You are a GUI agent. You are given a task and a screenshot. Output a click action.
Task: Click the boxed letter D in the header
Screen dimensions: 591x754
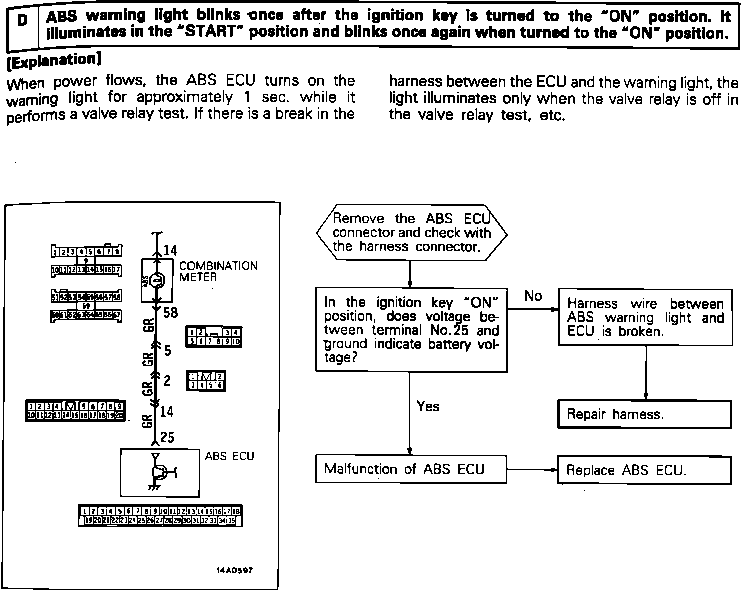pos(22,22)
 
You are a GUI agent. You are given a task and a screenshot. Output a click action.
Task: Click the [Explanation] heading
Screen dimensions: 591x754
pos(53,60)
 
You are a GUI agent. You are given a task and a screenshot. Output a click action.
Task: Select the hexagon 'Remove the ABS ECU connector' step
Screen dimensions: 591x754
pos(411,233)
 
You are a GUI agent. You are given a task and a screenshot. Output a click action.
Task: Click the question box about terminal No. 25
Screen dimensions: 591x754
pos(411,330)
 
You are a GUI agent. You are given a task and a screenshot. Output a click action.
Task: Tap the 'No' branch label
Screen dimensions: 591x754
pos(533,296)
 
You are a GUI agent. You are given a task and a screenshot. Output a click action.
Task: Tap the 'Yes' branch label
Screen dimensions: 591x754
pos(428,406)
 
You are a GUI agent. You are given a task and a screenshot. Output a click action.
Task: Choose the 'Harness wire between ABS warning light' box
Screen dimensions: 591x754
pos(645,317)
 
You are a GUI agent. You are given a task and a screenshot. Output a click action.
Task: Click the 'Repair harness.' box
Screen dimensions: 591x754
pos(644,414)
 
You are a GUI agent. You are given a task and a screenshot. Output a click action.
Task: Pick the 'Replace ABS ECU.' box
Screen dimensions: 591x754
pos(644,470)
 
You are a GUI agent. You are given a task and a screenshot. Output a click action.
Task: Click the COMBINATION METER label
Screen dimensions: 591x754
pos(218,271)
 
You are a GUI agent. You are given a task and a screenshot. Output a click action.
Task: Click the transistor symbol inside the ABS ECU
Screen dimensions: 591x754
pos(161,471)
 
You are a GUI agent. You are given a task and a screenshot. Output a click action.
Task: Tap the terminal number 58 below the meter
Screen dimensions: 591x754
pos(170,313)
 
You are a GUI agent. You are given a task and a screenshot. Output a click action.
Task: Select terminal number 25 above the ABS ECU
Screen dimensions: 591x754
pos(167,437)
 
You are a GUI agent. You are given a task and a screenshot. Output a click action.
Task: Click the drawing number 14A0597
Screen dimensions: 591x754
pos(234,571)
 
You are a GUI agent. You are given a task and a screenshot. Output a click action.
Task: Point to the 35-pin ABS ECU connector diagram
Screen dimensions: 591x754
pos(160,516)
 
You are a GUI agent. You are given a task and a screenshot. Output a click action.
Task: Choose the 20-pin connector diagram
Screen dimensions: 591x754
pos(75,411)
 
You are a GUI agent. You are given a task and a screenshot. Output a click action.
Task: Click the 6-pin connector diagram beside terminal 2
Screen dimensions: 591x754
pos(206,381)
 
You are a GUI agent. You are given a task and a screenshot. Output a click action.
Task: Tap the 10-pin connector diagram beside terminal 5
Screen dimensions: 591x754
pos(214,337)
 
